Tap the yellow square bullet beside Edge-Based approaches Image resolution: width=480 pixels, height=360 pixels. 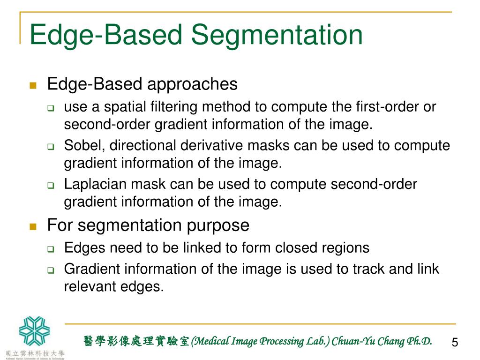click(33, 85)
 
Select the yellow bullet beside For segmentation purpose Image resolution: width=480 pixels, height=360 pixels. click(33, 226)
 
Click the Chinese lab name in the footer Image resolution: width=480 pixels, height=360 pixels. click(136, 341)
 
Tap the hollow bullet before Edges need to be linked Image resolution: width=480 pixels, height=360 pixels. click(51, 248)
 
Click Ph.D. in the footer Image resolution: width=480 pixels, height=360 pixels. click(419, 341)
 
